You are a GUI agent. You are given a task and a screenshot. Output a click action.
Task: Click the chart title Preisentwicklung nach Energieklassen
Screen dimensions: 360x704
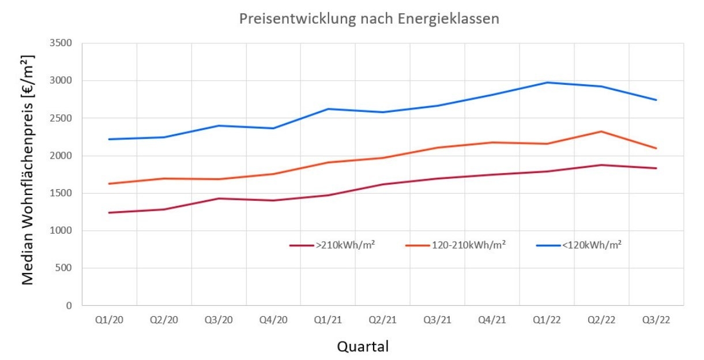click(369, 19)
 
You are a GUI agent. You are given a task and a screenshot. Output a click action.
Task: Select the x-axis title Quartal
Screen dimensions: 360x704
click(363, 347)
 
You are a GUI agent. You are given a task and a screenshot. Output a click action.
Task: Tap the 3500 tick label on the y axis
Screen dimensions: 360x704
click(61, 43)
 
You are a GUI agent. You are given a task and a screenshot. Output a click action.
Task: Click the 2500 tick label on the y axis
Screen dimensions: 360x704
click(61, 118)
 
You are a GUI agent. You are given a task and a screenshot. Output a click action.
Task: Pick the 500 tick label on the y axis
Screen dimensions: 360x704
click(63, 268)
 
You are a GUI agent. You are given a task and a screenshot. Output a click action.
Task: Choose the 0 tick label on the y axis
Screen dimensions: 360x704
click(69, 306)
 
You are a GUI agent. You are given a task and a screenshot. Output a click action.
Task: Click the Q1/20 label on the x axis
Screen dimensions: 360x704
click(109, 320)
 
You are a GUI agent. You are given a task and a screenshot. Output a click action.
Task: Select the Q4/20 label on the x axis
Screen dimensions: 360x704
click(273, 320)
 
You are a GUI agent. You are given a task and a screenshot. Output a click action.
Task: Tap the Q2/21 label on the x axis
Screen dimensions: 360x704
click(383, 320)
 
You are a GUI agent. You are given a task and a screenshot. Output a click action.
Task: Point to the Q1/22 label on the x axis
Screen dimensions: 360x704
click(547, 320)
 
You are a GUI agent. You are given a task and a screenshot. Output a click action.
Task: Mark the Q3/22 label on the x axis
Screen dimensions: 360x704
click(656, 320)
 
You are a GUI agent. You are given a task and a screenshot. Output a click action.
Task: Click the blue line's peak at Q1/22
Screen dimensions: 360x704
click(547, 82)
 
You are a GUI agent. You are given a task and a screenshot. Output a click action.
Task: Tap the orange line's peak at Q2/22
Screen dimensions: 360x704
click(601, 132)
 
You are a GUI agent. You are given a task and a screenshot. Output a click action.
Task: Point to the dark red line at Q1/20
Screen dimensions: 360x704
click(109, 213)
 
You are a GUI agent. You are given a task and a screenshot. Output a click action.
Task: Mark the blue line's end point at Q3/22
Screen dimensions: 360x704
click(656, 100)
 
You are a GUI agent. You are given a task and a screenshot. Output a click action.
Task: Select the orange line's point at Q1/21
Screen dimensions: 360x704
click(328, 163)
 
